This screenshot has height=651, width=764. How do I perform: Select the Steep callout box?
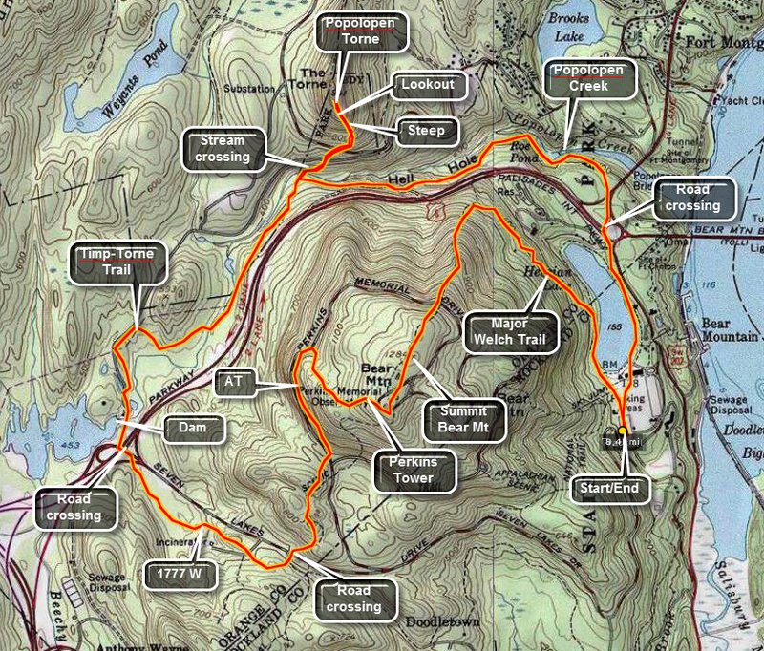tap(425, 130)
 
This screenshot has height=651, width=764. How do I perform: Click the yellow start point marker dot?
tap(622, 429)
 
